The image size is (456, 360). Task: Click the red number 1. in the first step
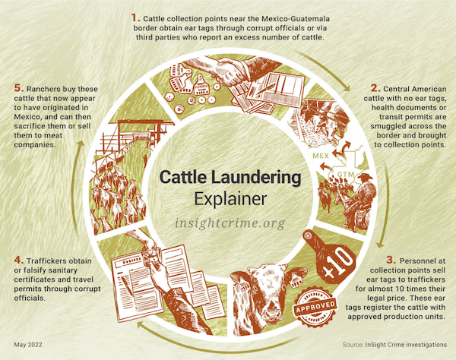[x=135, y=16]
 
